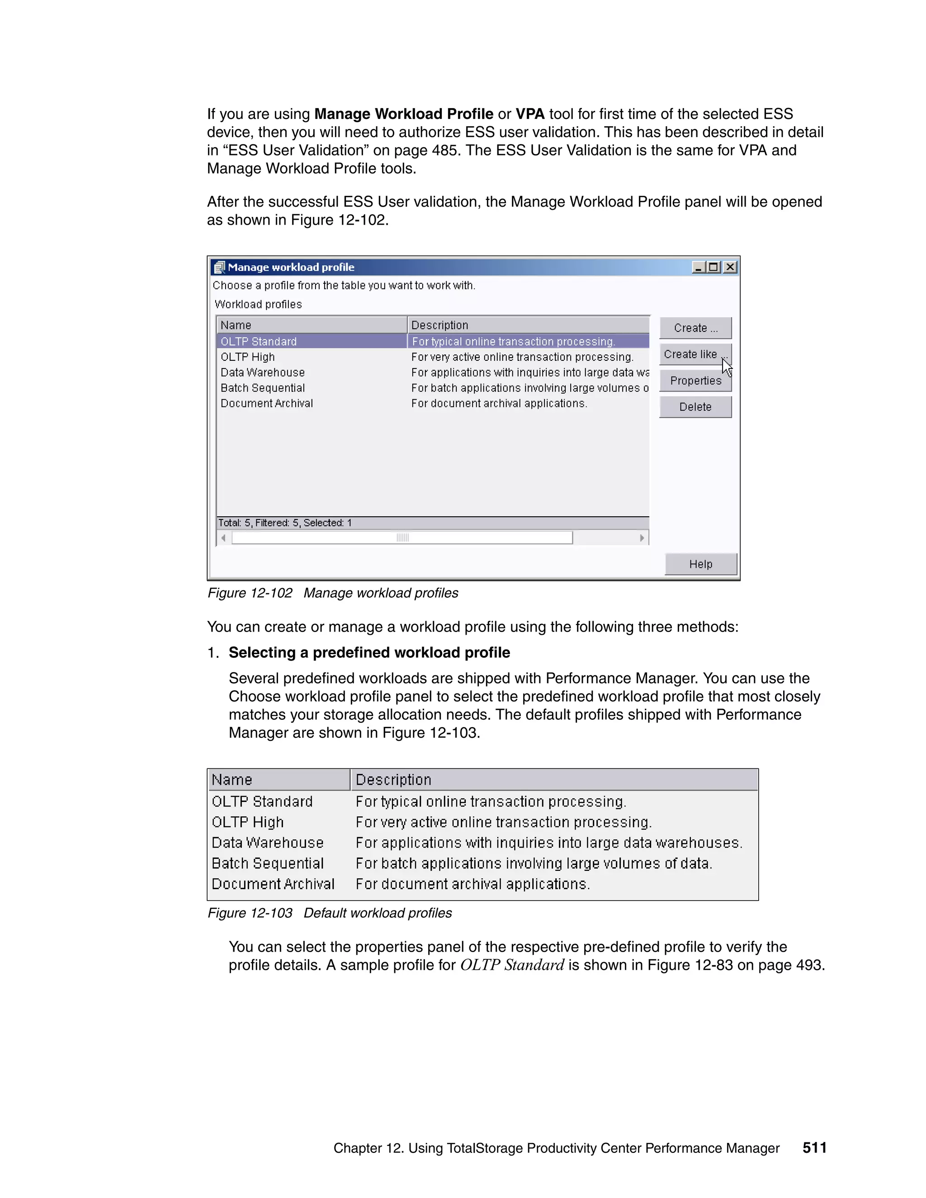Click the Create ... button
[x=695, y=328]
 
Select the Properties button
[x=695, y=381]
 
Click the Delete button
[x=695, y=407]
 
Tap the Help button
[x=700, y=564]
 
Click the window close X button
[x=730, y=267]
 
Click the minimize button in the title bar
[x=698, y=267]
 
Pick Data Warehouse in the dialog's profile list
[x=262, y=373]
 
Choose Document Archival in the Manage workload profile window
[x=267, y=403]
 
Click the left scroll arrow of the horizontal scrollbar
[x=223, y=538]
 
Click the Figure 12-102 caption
[x=332, y=593]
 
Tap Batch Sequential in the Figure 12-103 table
[x=268, y=863]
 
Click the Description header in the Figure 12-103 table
[x=393, y=779]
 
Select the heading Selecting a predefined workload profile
[x=369, y=652]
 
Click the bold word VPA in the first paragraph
[x=530, y=113]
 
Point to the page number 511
[x=814, y=1147]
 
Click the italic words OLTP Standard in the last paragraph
[x=512, y=965]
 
